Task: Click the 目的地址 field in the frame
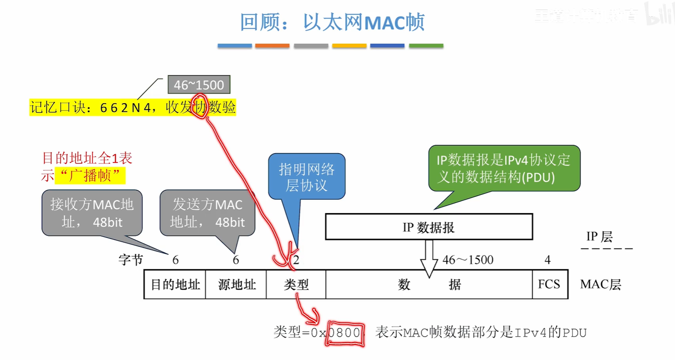tap(175, 285)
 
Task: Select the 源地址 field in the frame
tap(236, 285)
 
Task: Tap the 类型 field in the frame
tap(296, 285)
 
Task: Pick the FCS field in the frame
tap(549, 284)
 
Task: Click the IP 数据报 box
tap(429, 227)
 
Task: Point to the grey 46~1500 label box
tap(199, 85)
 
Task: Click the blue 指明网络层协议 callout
tap(307, 177)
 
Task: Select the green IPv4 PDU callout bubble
tap(504, 169)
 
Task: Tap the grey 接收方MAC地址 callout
tap(92, 213)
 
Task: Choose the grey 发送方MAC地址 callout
tap(207, 213)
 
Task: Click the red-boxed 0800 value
tap(345, 333)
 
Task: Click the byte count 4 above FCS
tap(547, 260)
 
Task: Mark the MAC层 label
tap(600, 285)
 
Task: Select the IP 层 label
tap(599, 237)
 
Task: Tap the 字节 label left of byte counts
tap(131, 260)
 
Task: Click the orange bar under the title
tap(272, 46)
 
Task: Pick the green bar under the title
tap(426, 46)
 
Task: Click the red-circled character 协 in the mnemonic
tap(200, 107)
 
